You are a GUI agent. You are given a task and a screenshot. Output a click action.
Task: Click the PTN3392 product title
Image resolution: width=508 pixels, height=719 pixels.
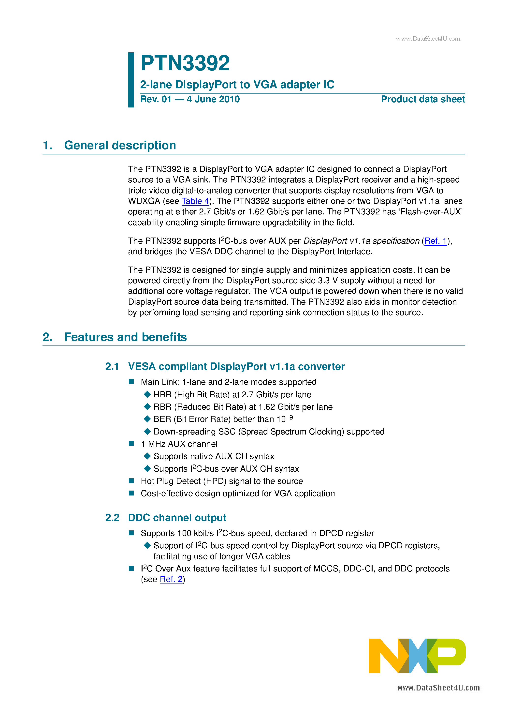click(x=185, y=63)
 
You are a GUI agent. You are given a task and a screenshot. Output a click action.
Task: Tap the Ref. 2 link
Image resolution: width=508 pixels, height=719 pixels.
click(x=171, y=579)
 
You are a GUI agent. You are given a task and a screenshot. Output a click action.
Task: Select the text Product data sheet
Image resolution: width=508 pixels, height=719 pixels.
click(x=422, y=99)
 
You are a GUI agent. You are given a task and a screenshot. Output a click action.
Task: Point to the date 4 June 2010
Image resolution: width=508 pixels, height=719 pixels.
click(x=213, y=99)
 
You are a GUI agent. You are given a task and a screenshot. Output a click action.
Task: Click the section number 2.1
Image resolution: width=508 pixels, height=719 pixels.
click(x=112, y=366)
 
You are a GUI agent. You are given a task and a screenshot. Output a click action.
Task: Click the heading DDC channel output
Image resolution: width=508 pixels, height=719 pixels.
click(x=177, y=518)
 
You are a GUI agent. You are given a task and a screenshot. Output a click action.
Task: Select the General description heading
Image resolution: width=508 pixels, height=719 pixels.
click(x=120, y=146)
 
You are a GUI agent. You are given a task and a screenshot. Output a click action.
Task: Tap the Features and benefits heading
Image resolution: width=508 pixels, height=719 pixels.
click(x=125, y=337)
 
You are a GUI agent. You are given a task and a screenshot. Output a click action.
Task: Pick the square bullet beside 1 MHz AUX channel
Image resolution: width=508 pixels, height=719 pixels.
click(x=131, y=444)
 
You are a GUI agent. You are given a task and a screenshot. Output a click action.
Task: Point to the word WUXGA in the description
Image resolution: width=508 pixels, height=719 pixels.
click(x=144, y=201)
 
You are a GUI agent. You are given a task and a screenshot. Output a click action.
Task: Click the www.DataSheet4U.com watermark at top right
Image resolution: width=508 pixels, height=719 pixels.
click(x=428, y=39)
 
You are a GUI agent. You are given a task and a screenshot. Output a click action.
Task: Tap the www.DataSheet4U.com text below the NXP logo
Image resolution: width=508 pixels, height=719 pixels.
click(x=438, y=688)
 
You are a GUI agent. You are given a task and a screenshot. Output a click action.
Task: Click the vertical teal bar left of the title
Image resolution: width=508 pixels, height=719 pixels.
click(x=131, y=80)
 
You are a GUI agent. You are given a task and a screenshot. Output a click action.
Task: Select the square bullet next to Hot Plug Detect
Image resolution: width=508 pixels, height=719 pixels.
click(x=131, y=481)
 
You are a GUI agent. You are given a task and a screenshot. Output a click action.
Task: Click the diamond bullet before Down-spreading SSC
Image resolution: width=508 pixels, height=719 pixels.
click(x=147, y=432)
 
